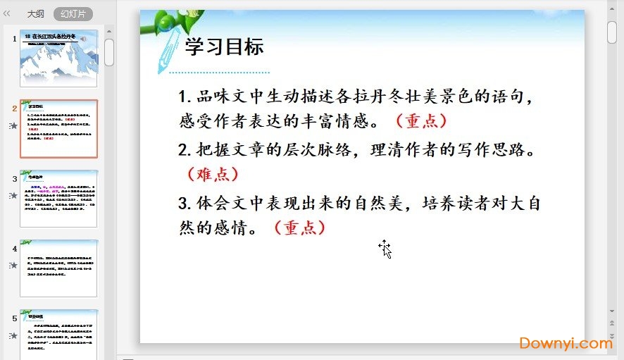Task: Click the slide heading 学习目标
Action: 224,47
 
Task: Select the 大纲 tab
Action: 35,13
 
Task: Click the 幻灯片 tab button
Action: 73,13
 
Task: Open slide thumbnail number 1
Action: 58,58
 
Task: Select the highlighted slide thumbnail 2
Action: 58,128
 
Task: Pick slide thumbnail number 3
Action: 58,198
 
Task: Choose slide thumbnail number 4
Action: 58,268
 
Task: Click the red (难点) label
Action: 213,173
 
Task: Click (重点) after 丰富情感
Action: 421,120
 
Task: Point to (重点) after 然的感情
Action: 299,228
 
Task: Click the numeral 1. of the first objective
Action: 185,97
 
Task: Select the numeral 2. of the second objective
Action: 185,150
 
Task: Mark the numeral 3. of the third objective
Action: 185,204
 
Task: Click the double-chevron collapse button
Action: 8,13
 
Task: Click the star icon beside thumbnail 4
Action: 13,266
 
